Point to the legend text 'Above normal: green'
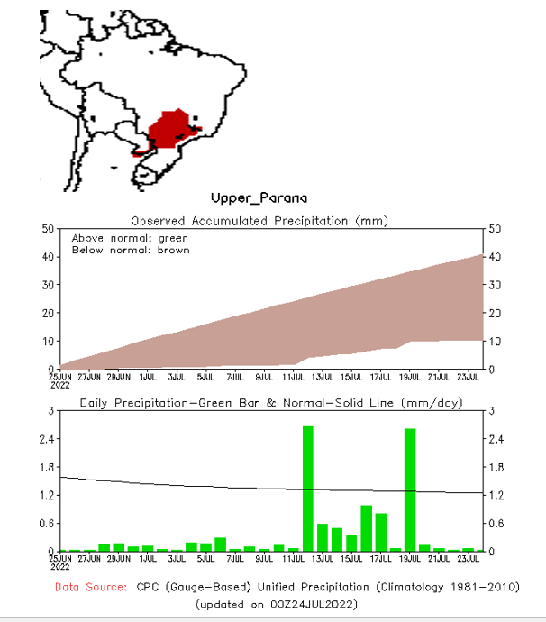(130, 238)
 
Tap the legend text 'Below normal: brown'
(131, 250)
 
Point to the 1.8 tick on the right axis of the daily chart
(496, 467)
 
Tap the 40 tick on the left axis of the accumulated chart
(49, 257)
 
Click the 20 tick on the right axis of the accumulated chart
(493, 314)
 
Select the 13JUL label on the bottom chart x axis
(324, 559)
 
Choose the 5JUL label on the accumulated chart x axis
(206, 377)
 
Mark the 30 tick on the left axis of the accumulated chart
(49, 285)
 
